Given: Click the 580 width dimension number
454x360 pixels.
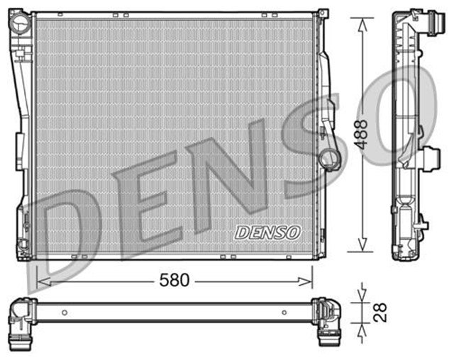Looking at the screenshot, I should pyautogui.click(x=174, y=281).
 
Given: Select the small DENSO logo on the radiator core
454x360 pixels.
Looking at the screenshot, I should pyautogui.click(x=267, y=232).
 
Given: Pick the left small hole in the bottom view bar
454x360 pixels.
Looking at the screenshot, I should pyautogui.click(x=65, y=312).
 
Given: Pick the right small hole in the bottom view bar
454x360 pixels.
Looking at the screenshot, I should pyautogui.click(x=284, y=312).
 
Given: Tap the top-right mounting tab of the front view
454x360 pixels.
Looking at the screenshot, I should pyautogui.click(x=323, y=14).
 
